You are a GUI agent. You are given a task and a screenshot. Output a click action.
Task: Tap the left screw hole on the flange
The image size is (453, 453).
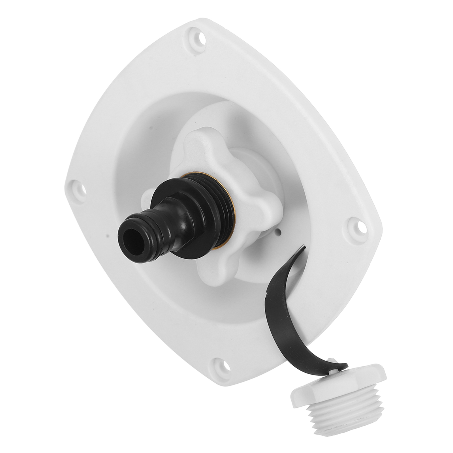pyautogui.click(x=79, y=187)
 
